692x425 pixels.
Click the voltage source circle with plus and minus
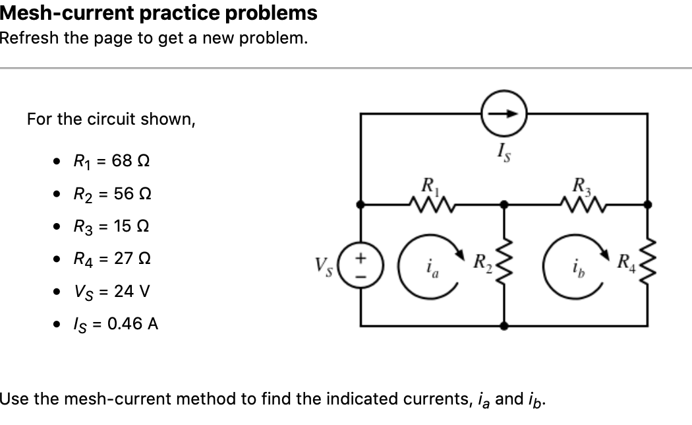point(360,265)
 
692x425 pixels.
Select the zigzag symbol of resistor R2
point(504,266)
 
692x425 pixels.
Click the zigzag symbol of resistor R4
point(648,266)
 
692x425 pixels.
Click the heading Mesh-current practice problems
point(159,13)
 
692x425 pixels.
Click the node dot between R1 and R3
point(505,205)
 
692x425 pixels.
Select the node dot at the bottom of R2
point(505,326)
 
